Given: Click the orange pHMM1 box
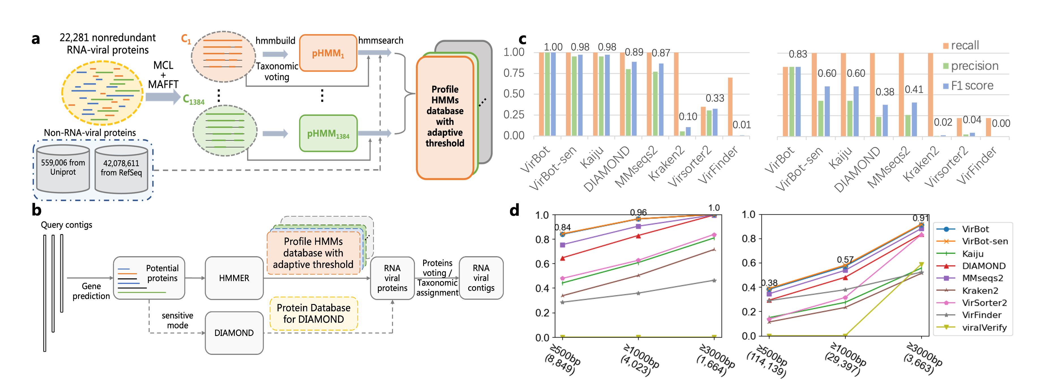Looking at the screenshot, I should [x=328, y=53].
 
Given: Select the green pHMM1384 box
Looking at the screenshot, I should [x=328, y=133].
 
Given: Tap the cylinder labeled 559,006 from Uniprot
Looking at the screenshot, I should [x=63, y=168].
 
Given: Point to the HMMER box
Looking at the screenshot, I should [x=234, y=278].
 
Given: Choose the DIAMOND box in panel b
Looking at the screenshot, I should [x=234, y=333].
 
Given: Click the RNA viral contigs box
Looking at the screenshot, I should [x=481, y=278].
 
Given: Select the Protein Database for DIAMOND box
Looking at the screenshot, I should [x=313, y=314].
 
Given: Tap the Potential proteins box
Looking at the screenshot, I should [x=149, y=278].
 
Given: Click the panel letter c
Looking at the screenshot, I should [x=522, y=39].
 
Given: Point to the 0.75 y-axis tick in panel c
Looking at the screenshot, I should [x=514, y=73].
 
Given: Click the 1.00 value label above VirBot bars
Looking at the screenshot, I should [x=553, y=47].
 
